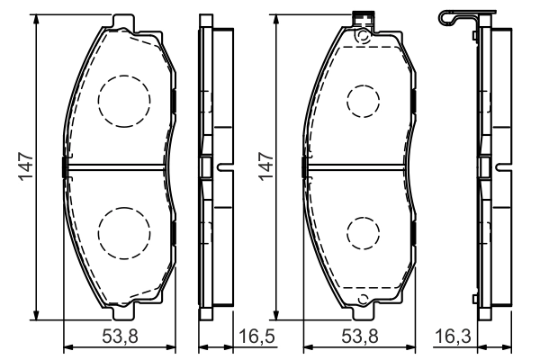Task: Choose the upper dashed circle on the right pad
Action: (x=363, y=100)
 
